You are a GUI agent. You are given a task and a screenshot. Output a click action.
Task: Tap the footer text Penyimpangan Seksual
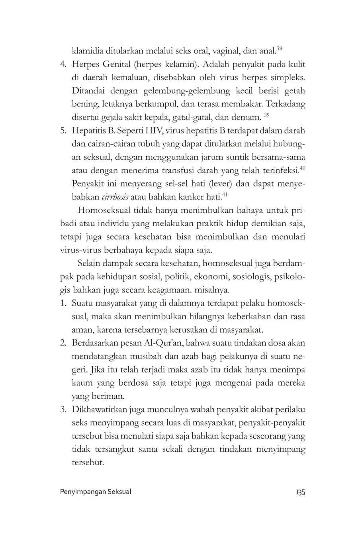95,492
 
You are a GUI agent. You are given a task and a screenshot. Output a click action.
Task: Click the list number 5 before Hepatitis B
63,131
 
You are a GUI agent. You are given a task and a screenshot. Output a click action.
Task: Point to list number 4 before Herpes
63,65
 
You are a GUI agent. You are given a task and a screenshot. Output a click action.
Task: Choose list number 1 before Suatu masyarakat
63,303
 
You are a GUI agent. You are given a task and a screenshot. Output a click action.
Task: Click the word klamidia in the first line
88,51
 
